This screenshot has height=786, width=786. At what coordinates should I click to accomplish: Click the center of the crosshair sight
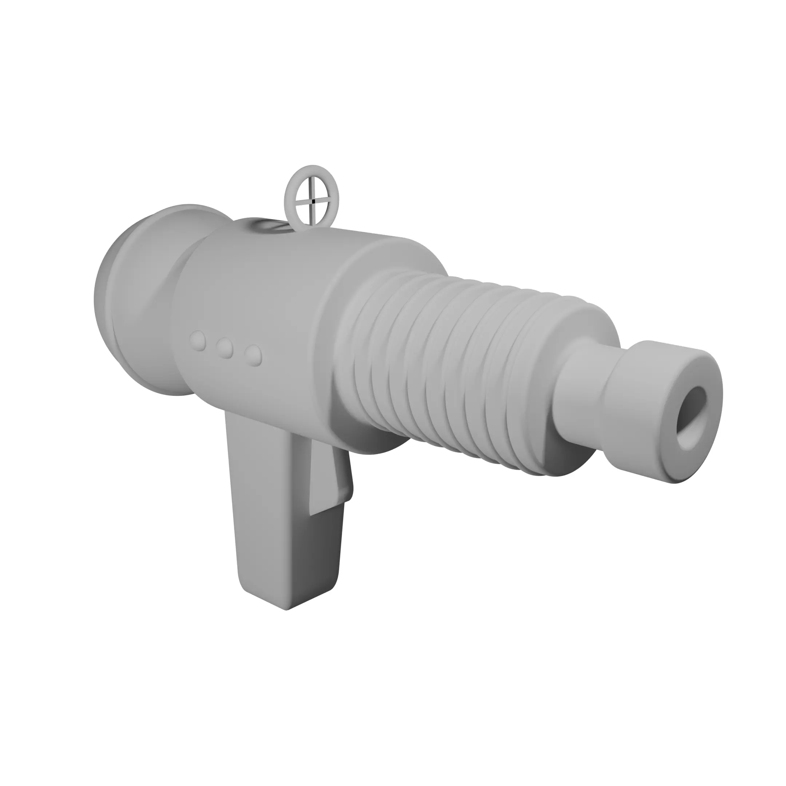point(312,200)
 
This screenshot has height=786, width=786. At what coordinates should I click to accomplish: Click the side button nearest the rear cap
point(199,341)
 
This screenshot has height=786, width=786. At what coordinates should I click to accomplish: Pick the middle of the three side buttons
point(225,348)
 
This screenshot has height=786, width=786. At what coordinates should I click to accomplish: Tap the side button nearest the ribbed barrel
point(254,356)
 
